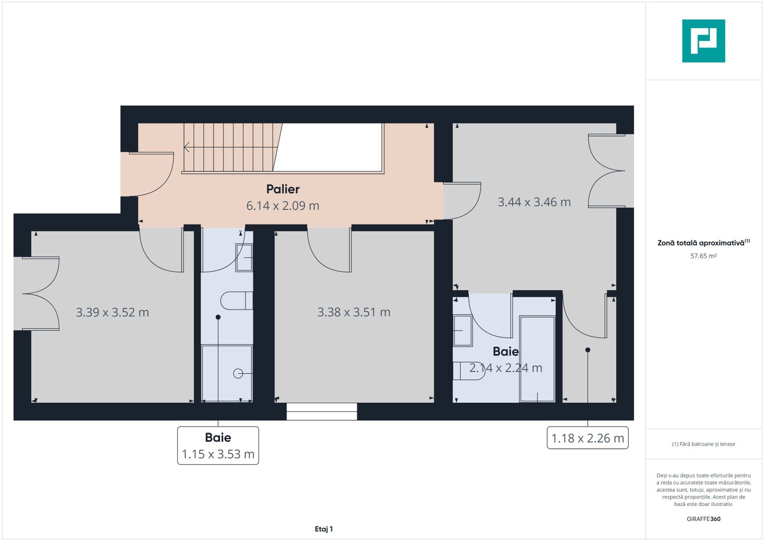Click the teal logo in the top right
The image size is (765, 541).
(703, 41)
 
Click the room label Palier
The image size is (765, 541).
(283, 189)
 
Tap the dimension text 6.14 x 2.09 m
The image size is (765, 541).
(283, 205)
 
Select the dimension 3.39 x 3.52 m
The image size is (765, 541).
(112, 312)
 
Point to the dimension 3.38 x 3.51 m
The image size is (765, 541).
(354, 312)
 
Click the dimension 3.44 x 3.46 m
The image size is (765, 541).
(534, 202)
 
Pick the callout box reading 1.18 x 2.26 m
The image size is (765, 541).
(587, 438)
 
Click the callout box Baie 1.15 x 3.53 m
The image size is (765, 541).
(218, 446)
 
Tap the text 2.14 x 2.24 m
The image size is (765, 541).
(505, 368)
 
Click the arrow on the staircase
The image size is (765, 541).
(187, 147)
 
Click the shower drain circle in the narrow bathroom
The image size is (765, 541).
(238, 373)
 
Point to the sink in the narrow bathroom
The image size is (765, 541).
(244, 257)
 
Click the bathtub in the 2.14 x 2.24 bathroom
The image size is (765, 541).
(537, 359)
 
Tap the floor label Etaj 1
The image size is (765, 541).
(324, 529)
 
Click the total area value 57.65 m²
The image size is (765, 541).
(703, 256)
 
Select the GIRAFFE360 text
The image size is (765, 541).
(703, 519)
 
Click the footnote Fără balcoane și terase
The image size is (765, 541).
(703, 444)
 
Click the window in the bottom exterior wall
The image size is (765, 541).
(322, 411)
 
